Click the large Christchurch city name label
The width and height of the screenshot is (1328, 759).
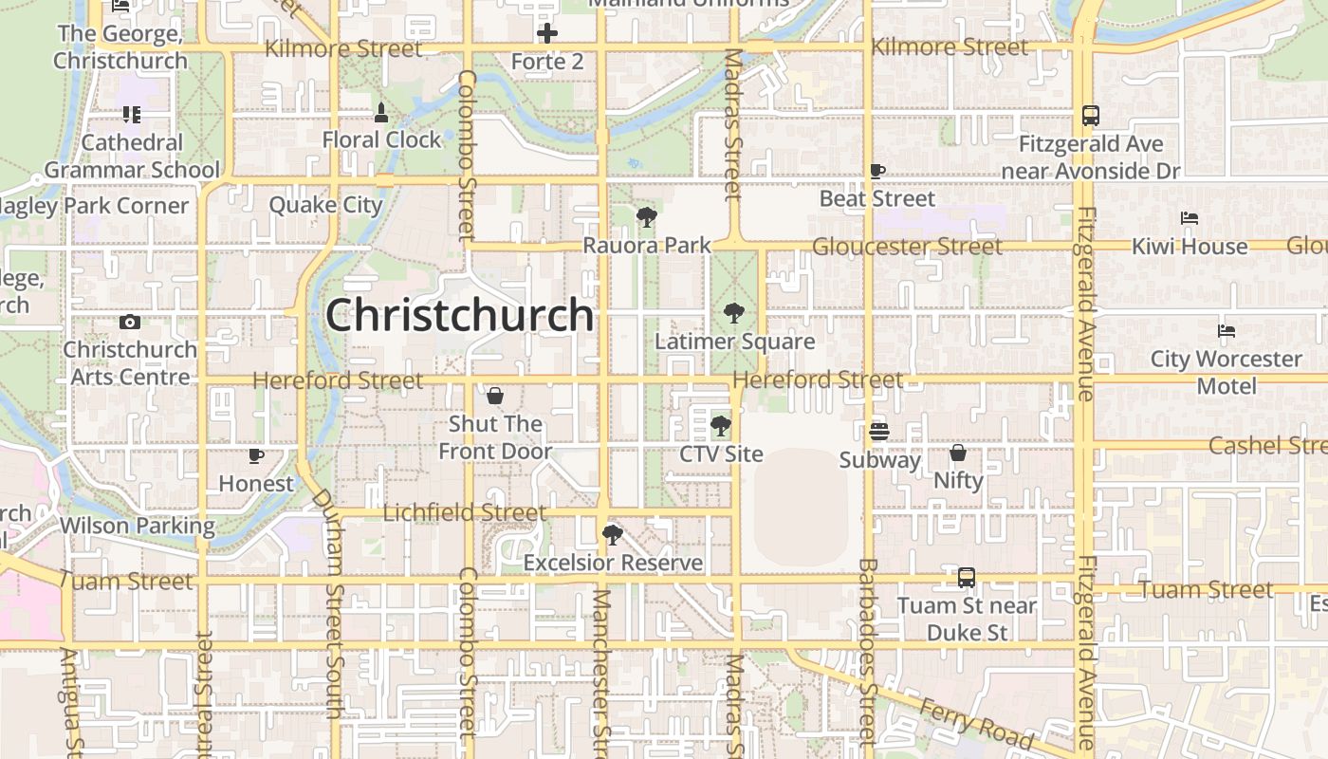(459, 315)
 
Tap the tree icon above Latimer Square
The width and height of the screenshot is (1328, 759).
(733, 312)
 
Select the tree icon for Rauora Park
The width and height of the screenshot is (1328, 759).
(647, 217)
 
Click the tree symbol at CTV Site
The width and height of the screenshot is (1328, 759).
(721, 426)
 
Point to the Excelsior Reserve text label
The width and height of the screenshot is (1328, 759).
(613, 563)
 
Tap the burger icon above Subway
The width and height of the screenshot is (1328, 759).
(878, 432)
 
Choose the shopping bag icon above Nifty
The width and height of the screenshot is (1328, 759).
(958, 453)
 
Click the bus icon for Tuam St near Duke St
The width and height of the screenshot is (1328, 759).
(966, 577)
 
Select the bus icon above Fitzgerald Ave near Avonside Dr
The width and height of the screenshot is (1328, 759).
(1091, 116)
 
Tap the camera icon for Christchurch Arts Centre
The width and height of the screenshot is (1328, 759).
(130, 323)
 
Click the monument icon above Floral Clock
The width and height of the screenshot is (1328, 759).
(381, 113)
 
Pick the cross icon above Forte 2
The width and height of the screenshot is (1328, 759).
(547, 34)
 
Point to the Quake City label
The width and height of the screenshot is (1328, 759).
(325, 205)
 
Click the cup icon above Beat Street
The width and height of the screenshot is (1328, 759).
(877, 172)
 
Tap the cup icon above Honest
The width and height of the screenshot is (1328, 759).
(255, 456)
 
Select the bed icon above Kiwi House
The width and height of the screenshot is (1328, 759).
(1190, 218)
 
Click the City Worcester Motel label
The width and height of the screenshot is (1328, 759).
(1227, 372)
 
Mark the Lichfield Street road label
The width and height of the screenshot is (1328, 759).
(464, 513)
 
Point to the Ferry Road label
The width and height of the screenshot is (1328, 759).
(975, 721)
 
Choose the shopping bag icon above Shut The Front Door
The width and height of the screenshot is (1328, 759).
(494, 396)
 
